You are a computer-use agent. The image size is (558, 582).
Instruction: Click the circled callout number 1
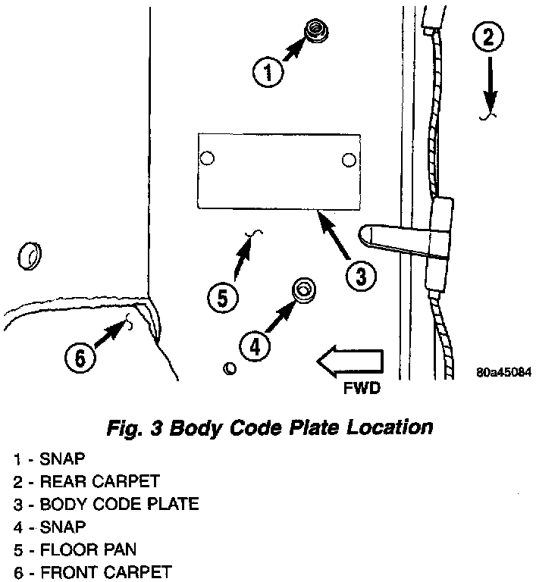click(266, 73)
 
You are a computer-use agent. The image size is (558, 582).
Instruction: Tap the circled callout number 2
click(487, 36)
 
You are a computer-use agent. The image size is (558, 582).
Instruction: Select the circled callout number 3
click(360, 277)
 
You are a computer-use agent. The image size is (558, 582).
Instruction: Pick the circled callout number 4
click(255, 346)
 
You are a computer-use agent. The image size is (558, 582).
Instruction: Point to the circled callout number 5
click(221, 297)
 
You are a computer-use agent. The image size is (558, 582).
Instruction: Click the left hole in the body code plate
click(207, 158)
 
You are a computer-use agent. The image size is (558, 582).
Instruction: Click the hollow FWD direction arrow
click(348, 362)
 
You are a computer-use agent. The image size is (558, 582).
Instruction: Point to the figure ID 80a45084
click(503, 372)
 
